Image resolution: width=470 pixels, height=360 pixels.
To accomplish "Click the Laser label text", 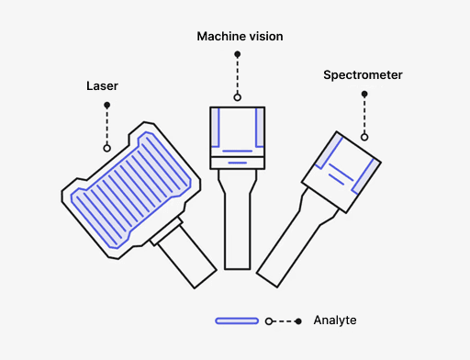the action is (x=102, y=86).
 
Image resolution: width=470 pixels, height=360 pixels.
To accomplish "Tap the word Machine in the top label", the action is (x=217, y=37).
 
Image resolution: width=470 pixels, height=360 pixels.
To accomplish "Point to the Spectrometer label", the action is (x=363, y=75).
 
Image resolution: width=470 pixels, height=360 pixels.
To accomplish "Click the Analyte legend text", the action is (x=335, y=321).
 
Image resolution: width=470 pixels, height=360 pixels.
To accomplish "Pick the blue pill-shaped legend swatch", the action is (x=237, y=321).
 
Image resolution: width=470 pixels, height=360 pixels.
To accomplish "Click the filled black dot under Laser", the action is (x=106, y=106).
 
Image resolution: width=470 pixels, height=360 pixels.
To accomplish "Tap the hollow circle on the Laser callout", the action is (x=106, y=149).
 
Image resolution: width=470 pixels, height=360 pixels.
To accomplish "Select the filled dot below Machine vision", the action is (x=238, y=54).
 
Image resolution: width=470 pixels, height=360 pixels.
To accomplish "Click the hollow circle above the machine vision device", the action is (x=238, y=97).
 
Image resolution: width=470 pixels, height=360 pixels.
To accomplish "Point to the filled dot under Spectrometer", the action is (x=364, y=94).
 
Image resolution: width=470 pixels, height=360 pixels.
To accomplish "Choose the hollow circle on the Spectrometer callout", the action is (x=364, y=137).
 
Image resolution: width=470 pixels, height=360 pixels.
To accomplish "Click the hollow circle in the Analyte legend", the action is (x=269, y=321).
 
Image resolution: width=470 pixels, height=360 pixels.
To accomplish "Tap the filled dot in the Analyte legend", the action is (x=298, y=321).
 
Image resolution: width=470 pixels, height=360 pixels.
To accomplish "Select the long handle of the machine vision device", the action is (x=238, y=227).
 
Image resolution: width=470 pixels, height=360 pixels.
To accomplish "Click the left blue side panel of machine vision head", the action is (x=216, y=127).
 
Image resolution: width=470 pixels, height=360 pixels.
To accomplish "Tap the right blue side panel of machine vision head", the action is (x=260, y=127).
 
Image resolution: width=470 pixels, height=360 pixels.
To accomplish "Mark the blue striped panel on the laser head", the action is (x=131, y=190).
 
